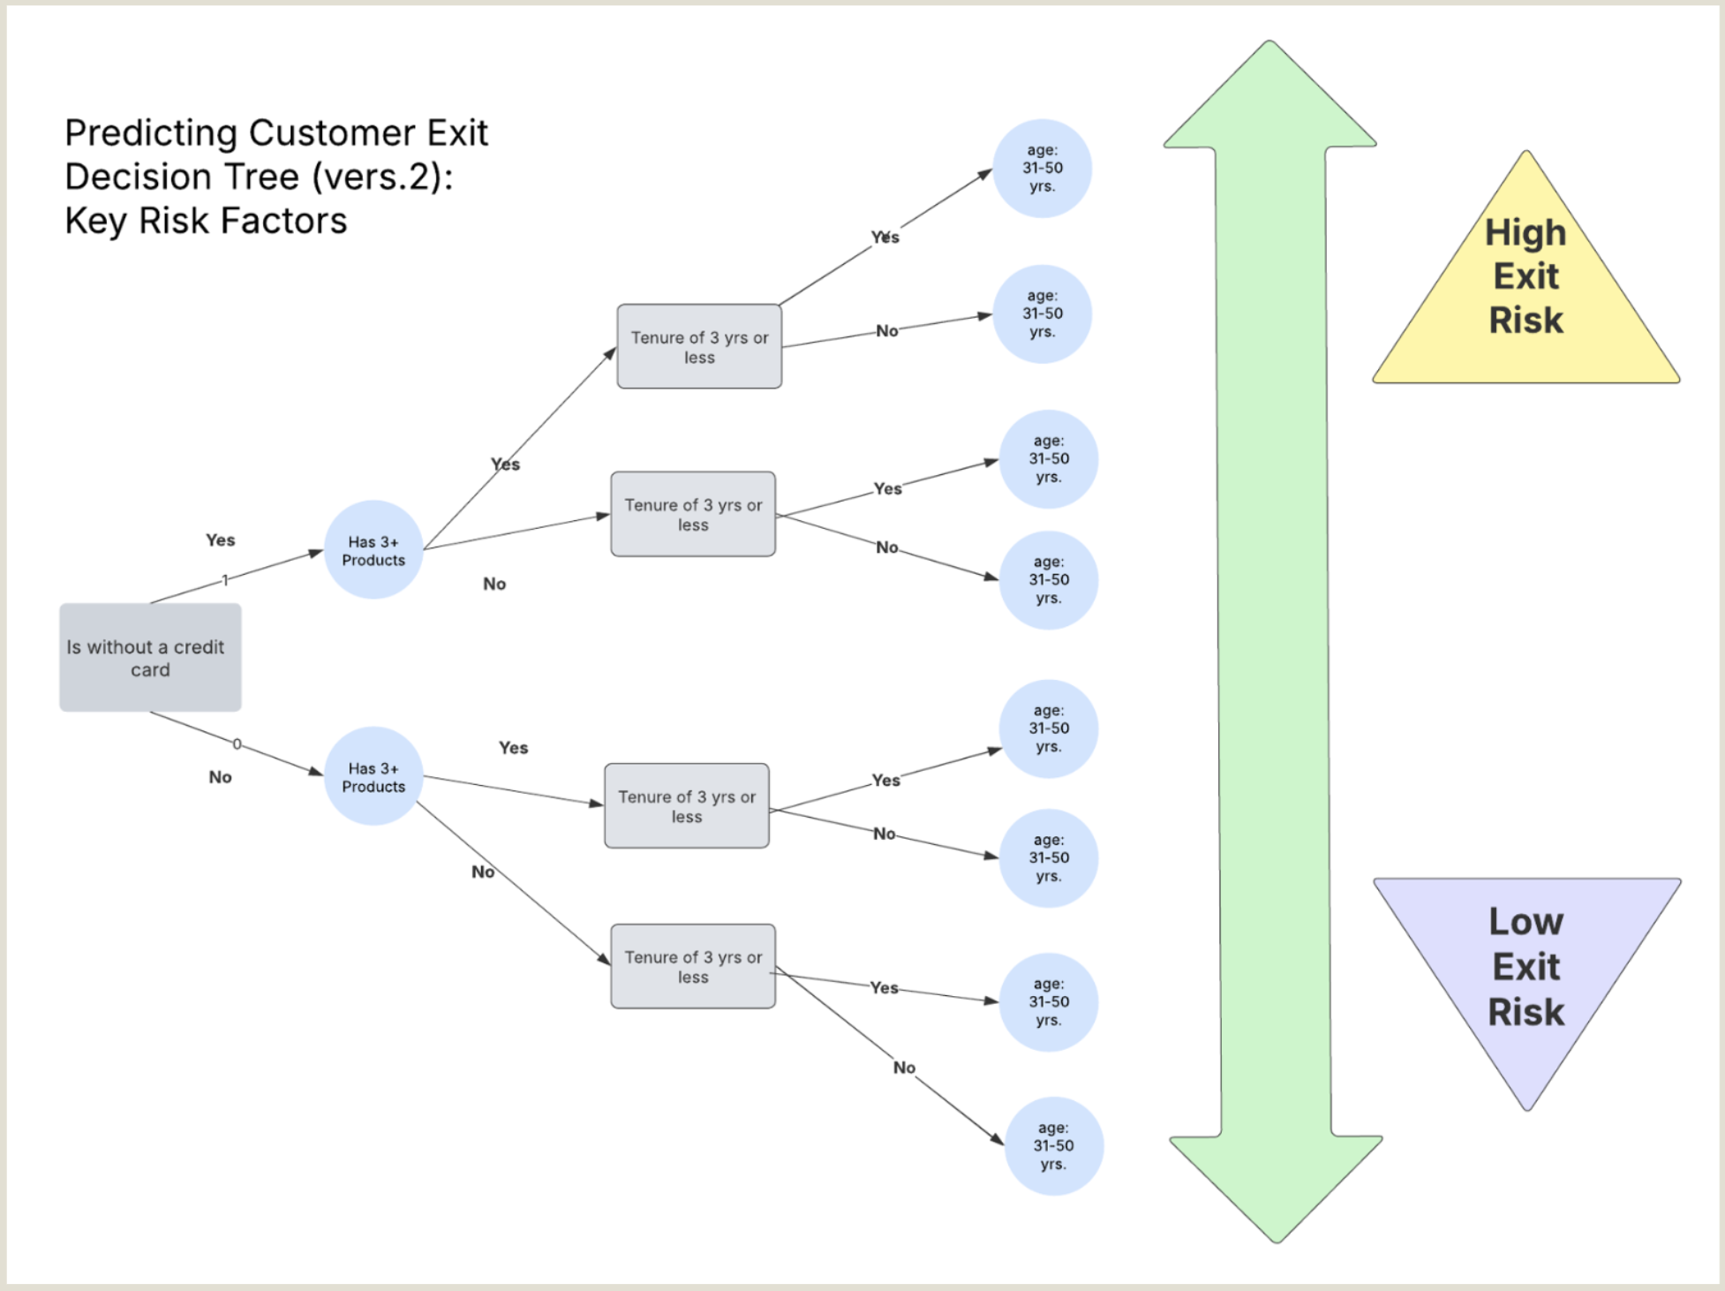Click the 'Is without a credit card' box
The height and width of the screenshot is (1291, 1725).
point(150,658)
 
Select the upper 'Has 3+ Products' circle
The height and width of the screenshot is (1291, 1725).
point(373,550)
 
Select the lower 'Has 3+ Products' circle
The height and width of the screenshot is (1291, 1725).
point(373,777)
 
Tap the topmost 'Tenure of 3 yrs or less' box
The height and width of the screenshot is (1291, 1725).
point(699,347)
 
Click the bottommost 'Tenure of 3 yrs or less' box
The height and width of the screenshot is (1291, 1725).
point(693,967)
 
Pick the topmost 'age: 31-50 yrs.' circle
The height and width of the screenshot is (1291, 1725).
point(1042,169)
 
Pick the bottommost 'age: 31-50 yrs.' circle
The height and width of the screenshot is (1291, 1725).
point(1053,1146)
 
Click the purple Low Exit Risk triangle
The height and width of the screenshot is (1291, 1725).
point(1526,971)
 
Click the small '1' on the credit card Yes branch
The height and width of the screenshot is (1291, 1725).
point(225,580)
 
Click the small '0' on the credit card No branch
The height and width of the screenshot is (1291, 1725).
point(237,744)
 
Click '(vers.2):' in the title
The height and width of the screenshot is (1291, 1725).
point(381,177)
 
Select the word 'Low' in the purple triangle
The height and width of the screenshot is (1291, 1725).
point(1525,922)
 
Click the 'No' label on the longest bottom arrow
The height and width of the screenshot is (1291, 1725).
point(904,1068)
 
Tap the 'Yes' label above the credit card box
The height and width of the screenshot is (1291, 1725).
point(220,540)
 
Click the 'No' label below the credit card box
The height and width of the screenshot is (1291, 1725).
point(220,777)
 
